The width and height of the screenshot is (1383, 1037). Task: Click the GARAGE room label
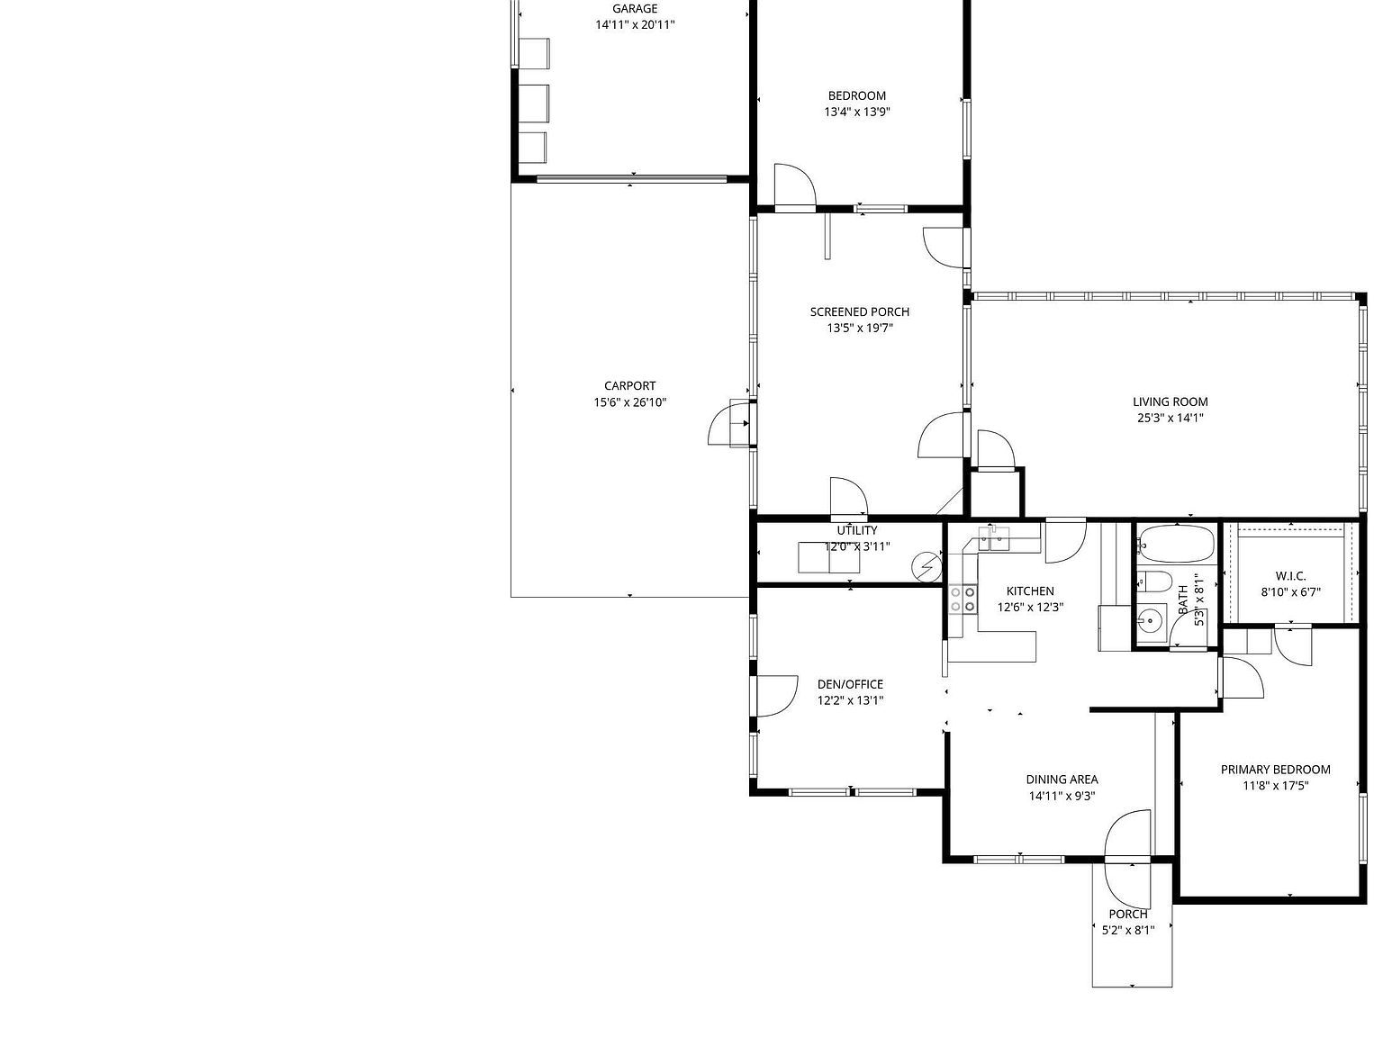click(x=635, y=9)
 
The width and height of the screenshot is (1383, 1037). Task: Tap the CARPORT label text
click(x=629, y=386)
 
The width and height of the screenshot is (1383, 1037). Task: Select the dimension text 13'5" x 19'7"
click(x=860, y=329)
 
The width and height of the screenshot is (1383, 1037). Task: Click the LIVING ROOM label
click(x=1170, y=402)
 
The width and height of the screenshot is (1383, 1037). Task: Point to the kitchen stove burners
click(x=963, y=600)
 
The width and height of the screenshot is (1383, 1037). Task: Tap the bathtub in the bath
click(x=1174, y=544)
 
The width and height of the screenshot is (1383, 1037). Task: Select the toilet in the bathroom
click(x=1152, y=582)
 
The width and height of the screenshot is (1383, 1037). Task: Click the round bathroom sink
click(x=1149, y=619)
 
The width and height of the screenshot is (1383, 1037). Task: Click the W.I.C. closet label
click(x=1290, y=576)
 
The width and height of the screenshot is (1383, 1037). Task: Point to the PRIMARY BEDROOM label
click(x=1275, y=770)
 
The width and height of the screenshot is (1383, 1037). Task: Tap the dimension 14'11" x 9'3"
click(x=1062, y=796)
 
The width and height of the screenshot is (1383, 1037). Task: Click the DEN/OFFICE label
click(x=850, y=684)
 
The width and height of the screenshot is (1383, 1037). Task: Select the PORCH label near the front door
click(x=1128, y=915)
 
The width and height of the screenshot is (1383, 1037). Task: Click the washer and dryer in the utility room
click(x=828, y=558)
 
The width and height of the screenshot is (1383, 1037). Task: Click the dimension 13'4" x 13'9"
click(x=856, y=113)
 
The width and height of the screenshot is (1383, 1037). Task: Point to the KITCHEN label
click(x=1029, y=591)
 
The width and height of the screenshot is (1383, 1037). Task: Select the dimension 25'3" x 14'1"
click(x=1170, y=419)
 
